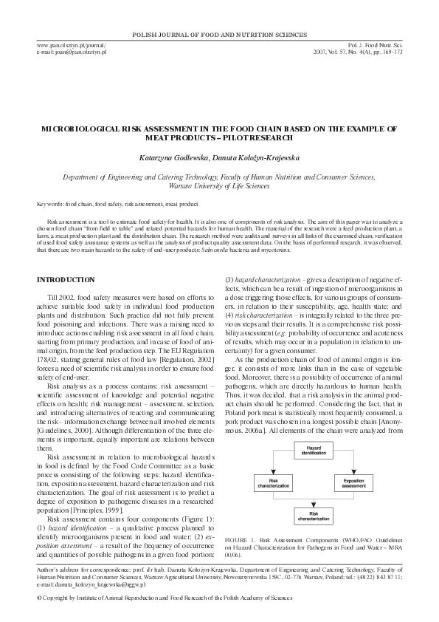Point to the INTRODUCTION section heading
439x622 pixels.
pyautogui.click(x=66, y=280)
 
